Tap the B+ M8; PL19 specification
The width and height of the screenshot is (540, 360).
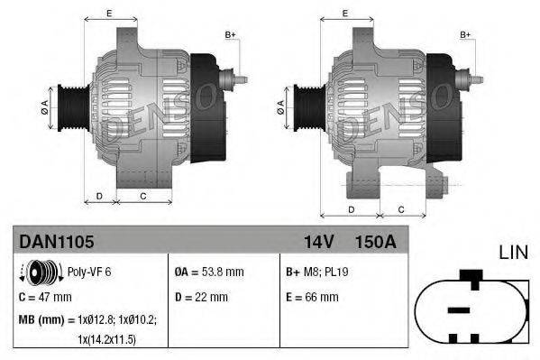[315, 271]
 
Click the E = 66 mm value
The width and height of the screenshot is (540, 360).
[311, 296]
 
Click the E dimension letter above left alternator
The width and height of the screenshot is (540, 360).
[109, 14]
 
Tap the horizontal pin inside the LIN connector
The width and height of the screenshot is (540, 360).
[459, 309]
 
